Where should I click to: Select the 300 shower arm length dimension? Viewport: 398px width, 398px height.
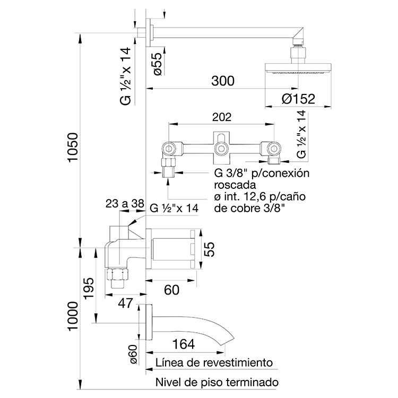click(222, 81)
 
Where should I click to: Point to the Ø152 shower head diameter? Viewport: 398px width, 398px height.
click(299, 99)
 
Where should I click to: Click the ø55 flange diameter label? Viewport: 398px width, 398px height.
click(158, 63)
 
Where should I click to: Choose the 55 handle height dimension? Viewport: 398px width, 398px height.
click(211, 248)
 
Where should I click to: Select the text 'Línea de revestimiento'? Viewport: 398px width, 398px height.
click(214, 363)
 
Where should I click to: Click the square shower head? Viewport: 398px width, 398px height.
click(298, 68)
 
